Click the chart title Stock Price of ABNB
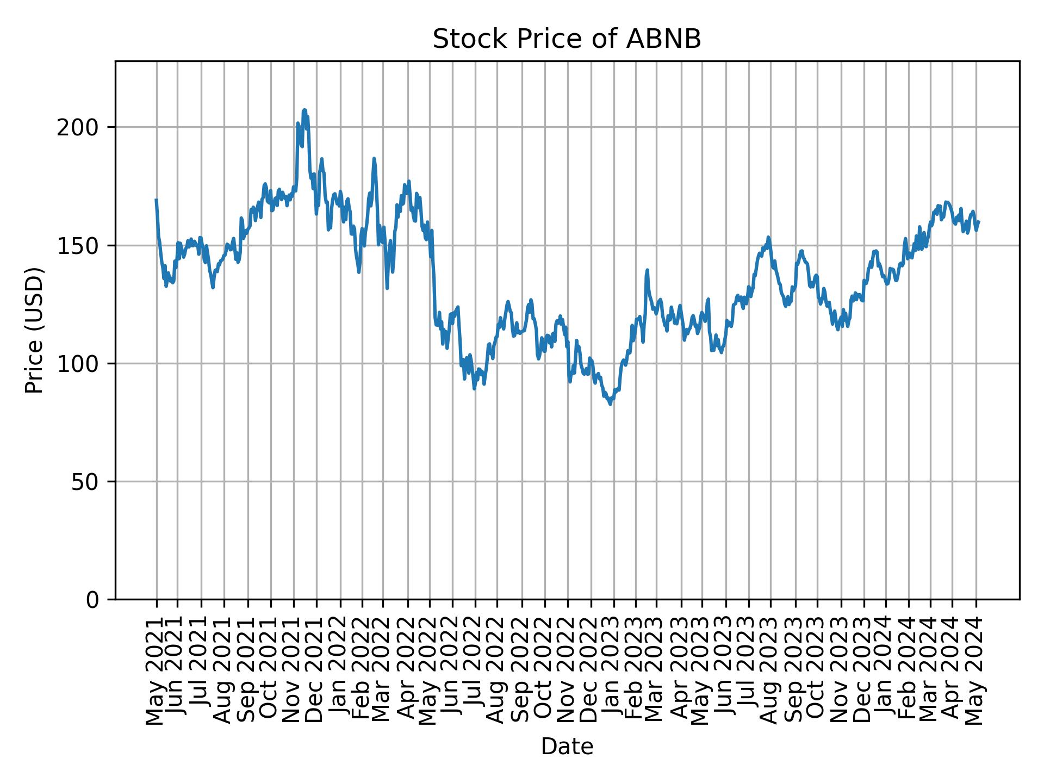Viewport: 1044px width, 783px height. (x=567, y=40)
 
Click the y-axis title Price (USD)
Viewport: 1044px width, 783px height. (x=34, y=330)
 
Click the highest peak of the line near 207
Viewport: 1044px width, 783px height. (x=304, y=110)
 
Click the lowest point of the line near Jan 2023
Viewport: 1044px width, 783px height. (x=611, y=404)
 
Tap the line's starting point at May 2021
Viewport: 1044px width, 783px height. (x=157, y=200)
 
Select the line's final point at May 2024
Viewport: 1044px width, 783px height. (x=978, y=221)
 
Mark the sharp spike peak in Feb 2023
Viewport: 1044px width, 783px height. (x=647, y=270)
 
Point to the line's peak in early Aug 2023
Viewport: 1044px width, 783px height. (x=768, y=237)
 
